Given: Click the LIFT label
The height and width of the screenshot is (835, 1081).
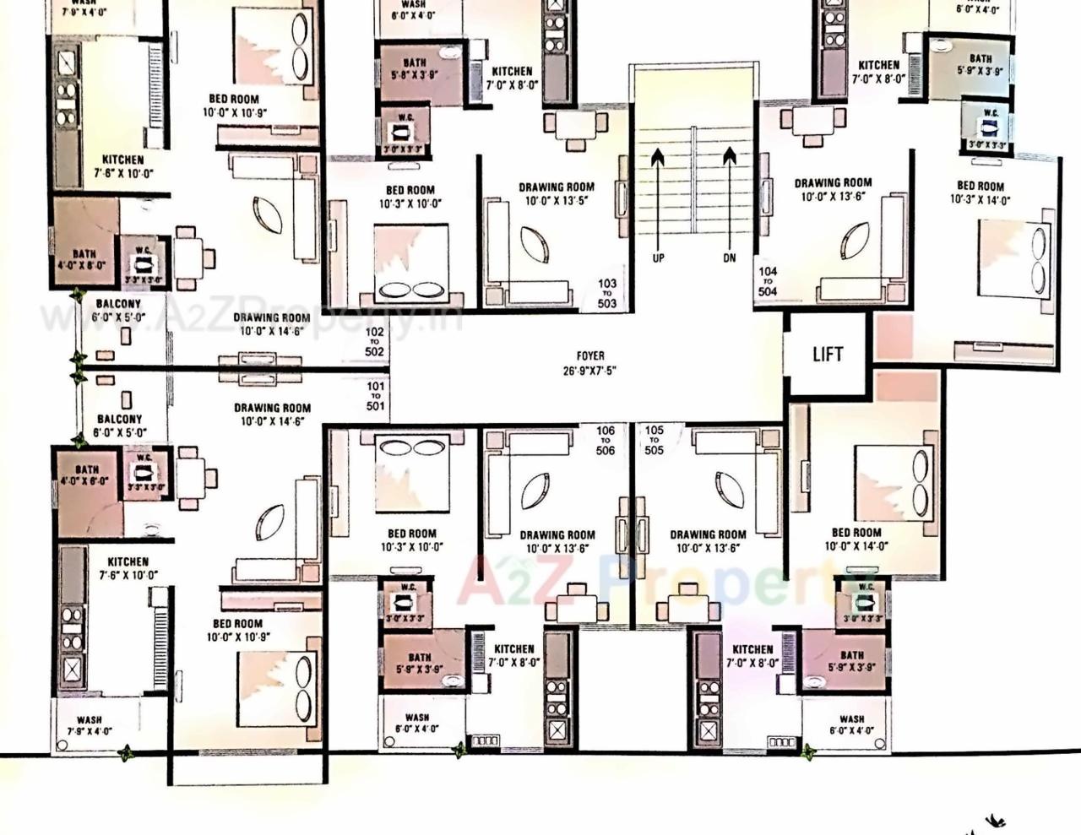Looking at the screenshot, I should coord(827,355).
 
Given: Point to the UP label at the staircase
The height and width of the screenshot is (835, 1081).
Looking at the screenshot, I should coord(659,258).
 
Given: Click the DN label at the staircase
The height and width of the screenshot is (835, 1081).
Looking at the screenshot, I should coord(730,258).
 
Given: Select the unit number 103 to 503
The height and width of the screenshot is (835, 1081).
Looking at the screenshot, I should coord(606,294).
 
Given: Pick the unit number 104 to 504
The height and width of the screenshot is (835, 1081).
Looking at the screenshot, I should coord(767,281).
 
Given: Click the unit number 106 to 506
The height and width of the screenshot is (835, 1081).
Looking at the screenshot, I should coord(605,440).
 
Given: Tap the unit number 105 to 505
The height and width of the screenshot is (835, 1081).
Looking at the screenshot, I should coord(655,440).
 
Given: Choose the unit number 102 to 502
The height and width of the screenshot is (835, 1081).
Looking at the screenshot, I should coord(374,342).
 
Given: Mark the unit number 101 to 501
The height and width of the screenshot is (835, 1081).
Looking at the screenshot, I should coord(375,396).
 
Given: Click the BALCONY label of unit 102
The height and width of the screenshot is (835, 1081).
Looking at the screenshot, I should coord(118,310).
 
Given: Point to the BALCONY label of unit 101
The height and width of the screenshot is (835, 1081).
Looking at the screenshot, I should coord(119,425).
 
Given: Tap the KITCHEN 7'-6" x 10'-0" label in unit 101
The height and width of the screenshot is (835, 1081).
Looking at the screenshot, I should coord(128,568).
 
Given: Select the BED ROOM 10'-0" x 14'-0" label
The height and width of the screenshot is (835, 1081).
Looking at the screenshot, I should coord(856,539).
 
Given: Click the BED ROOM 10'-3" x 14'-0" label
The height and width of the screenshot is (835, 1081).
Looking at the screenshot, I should coord(980,192).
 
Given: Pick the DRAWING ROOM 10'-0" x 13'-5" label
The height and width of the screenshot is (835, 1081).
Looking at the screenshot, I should coord(556,194).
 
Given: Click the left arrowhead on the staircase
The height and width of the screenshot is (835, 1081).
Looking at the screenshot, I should coord(658,156).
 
